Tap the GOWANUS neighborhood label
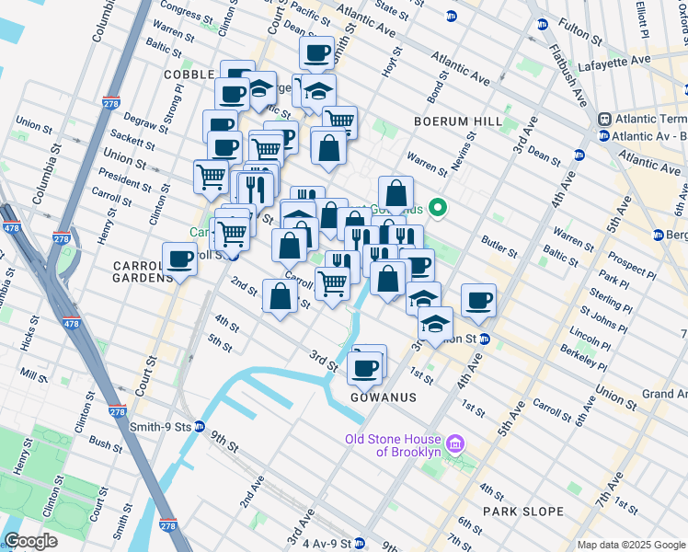pyautogui.click(x=384, y=397)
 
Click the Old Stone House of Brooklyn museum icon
pyautogui.click(x=453, y=446)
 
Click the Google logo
pyautogui.click(x=31, y=541)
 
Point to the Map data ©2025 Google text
pyautogui.click(x=631, y=545)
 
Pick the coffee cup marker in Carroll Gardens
pyautogui.click(x=178, y=259)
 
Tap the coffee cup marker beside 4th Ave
pyautogui.click(x=478, y=299)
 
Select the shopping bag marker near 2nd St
pyautogui.click(x=280, y=296)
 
